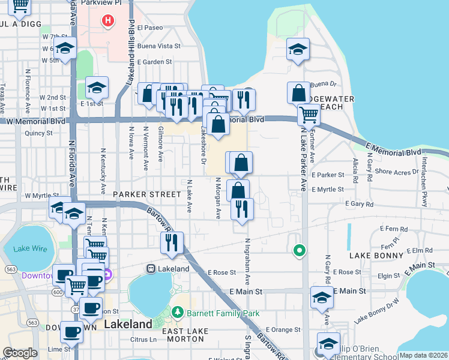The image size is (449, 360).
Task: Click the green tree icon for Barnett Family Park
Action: click(x=177, y=313)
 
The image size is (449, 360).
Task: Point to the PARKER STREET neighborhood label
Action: click(x=146, y=194)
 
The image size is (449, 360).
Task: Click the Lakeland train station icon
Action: click(x=151, y=268)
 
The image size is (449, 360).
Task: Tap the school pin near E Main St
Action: click(x=322, y=297)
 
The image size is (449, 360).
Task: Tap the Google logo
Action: click(x=20, y=353)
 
